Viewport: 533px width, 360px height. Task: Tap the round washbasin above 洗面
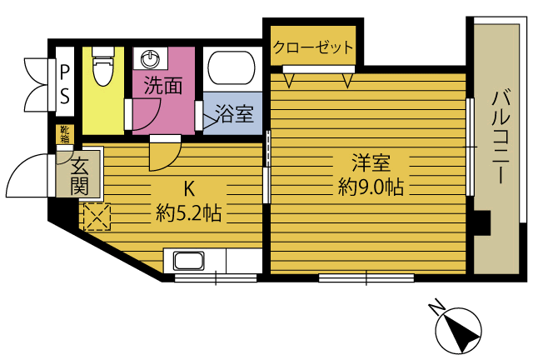tap(150, 58)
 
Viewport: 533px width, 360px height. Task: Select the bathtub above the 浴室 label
tap(232, 67)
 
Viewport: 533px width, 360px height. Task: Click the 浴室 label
tap(235, 113)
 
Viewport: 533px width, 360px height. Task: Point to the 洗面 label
tap(163, 85)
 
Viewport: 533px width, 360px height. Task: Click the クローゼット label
tap(313, 47)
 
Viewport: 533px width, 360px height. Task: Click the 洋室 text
tap(371, 162)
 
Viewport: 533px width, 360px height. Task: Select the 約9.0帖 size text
tap(371, 187)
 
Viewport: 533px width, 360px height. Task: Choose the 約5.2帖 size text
tap(189, 213)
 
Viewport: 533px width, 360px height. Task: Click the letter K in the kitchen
tap(189, 189)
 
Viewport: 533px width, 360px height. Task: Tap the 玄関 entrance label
tap(80, 177)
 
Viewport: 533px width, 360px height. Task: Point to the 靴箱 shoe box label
tap(65, 134)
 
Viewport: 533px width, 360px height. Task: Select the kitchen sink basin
tap(189, 261)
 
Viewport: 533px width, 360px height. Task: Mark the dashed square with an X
tap(97, 217)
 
